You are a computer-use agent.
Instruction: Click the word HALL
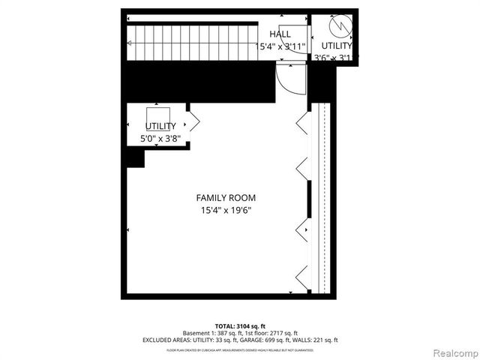280,34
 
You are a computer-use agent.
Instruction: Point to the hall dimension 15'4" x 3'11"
282,46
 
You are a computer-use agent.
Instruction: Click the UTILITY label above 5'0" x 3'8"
160,126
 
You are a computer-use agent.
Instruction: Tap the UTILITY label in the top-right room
337,46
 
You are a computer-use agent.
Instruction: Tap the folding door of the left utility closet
193,121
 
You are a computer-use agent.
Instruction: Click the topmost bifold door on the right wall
302,124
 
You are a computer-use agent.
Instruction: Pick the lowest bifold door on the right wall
302,275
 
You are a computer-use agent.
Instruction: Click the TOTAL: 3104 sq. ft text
240,325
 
